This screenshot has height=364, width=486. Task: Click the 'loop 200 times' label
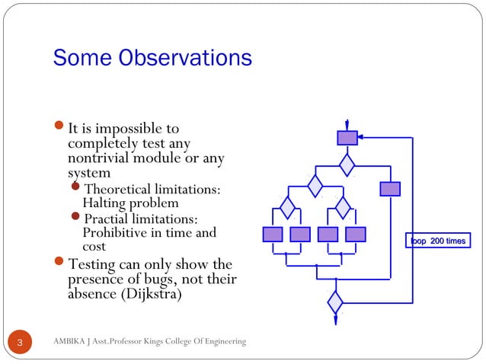coord(437,241)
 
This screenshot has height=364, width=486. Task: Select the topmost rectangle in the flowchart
coord(347,138)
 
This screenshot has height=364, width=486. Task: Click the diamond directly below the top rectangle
coord(347,164)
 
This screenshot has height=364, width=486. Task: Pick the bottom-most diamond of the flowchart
coord(335,302)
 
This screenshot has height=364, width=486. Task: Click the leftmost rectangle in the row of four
coord(272,234)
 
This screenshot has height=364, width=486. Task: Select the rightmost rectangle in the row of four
coord(356,234)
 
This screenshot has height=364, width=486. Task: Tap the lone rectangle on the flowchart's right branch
coord(390,189)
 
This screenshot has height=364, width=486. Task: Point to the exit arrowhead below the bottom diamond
coord(335,321)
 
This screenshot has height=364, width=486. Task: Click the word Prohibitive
coord(114,233)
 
